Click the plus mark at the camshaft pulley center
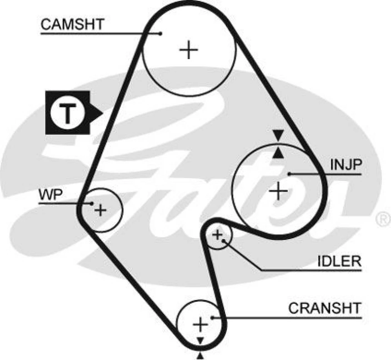189,50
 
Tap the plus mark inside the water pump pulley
100,210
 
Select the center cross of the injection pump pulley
278,191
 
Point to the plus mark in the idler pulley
217,235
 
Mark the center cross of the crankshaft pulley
200,325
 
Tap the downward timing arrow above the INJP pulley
278,135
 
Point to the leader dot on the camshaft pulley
161,33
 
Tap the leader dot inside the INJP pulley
290,174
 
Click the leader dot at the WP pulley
91,203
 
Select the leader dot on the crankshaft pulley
212,317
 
